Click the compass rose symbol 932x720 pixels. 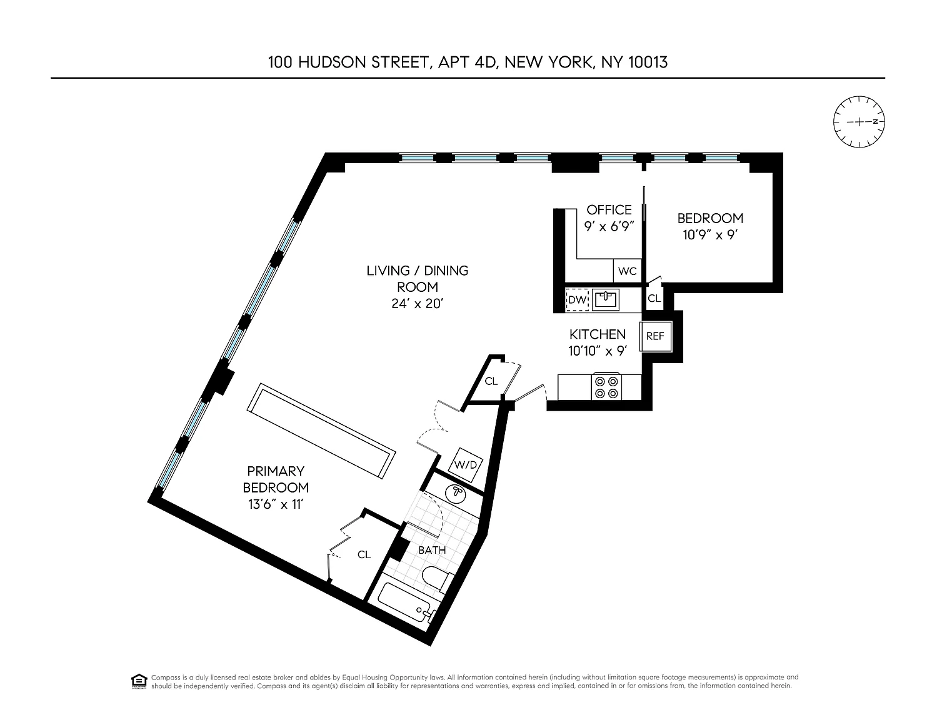coord(859,122)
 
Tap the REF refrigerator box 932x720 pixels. coord(655,337)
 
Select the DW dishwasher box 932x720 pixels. coord(578,300)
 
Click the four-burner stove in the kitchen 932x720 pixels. coord(606,387)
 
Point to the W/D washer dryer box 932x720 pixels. coord(465,465)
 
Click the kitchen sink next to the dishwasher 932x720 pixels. coord(606,299)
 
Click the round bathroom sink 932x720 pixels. coord(456,494)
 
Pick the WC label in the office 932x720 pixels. coord(627,271)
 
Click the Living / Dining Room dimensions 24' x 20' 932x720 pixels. coord(417,304)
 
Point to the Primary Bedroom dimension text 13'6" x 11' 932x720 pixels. coord(276,504)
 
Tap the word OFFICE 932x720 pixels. coord(609,210)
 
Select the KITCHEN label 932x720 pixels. coord(598,334)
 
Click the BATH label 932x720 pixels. coord(432,550)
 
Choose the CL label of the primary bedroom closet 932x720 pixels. coord(364,555)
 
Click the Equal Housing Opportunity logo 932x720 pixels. coord(139,681)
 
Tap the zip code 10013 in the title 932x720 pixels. coord(648,62)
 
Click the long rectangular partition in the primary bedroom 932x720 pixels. coord(321,431)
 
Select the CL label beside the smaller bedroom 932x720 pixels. coord(654,298)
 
